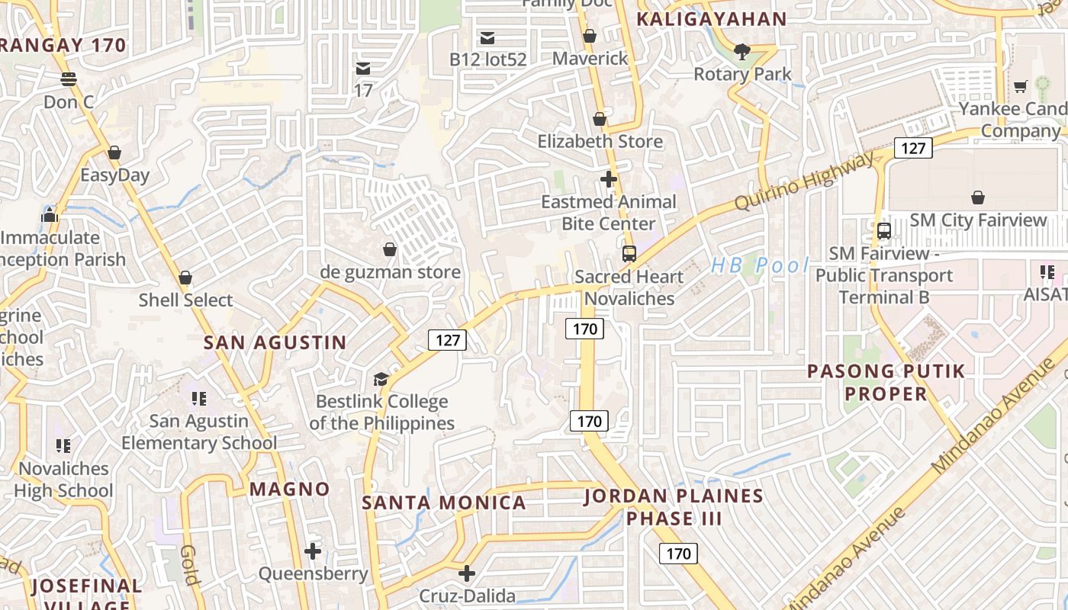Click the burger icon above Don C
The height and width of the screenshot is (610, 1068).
[x=69, y=79]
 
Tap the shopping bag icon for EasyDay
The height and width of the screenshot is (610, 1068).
[x=114, y=152]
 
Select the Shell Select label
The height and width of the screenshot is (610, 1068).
[x=185, y=300]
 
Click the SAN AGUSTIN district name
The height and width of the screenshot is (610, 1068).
[x=275, y=342]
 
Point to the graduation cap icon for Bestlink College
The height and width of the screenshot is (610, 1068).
[x=380, y=379]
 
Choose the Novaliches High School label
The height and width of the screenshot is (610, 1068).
[x=63, y=479]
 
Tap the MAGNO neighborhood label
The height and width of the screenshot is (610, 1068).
[x=290, y=489]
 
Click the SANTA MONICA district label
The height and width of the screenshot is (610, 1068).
[x=443, y=502]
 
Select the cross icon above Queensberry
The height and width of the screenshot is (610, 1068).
[x=313, y=551]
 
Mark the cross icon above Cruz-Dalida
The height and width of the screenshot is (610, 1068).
[x=467, y=573]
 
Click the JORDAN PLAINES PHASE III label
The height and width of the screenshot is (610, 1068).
[x=674, y=507]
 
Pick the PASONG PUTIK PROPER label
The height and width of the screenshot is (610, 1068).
[x=886, y=382]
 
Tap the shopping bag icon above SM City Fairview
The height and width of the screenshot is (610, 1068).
[x=978, y=197]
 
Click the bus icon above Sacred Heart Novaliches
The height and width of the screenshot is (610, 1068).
[x=629, y=254]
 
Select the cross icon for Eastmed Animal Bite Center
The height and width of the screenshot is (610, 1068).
[x=609, y=179]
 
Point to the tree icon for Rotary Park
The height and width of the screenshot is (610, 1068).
[x=741, y=52]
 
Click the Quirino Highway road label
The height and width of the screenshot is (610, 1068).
[x=804, y=181]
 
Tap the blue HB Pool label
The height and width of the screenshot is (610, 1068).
[x=759, y=265]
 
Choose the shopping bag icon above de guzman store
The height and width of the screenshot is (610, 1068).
[x=390, y=249]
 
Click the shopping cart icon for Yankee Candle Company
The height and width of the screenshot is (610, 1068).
[x=1021, y=86]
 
